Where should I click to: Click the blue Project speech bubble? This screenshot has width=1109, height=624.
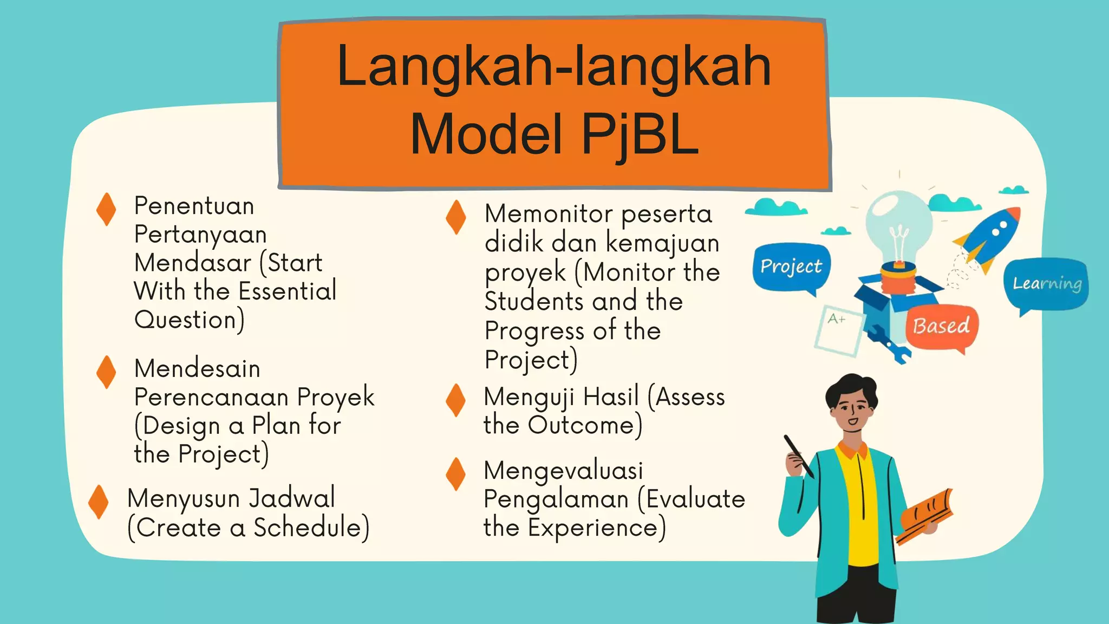tap(791, 266)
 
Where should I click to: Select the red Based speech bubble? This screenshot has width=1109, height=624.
tap(941, 326)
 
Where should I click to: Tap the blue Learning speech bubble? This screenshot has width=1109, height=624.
tap(1047, 283)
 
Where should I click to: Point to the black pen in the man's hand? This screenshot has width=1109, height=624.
tap(798, 455)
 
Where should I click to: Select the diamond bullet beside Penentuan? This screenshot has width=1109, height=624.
tap(106, 210)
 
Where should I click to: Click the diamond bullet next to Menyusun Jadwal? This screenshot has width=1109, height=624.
tap(99, 502)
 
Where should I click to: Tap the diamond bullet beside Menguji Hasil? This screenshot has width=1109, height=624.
tap(456, 400)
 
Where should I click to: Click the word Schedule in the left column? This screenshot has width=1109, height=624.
tap(311, 528)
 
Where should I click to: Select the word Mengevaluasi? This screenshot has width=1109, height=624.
tap(563, 470)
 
